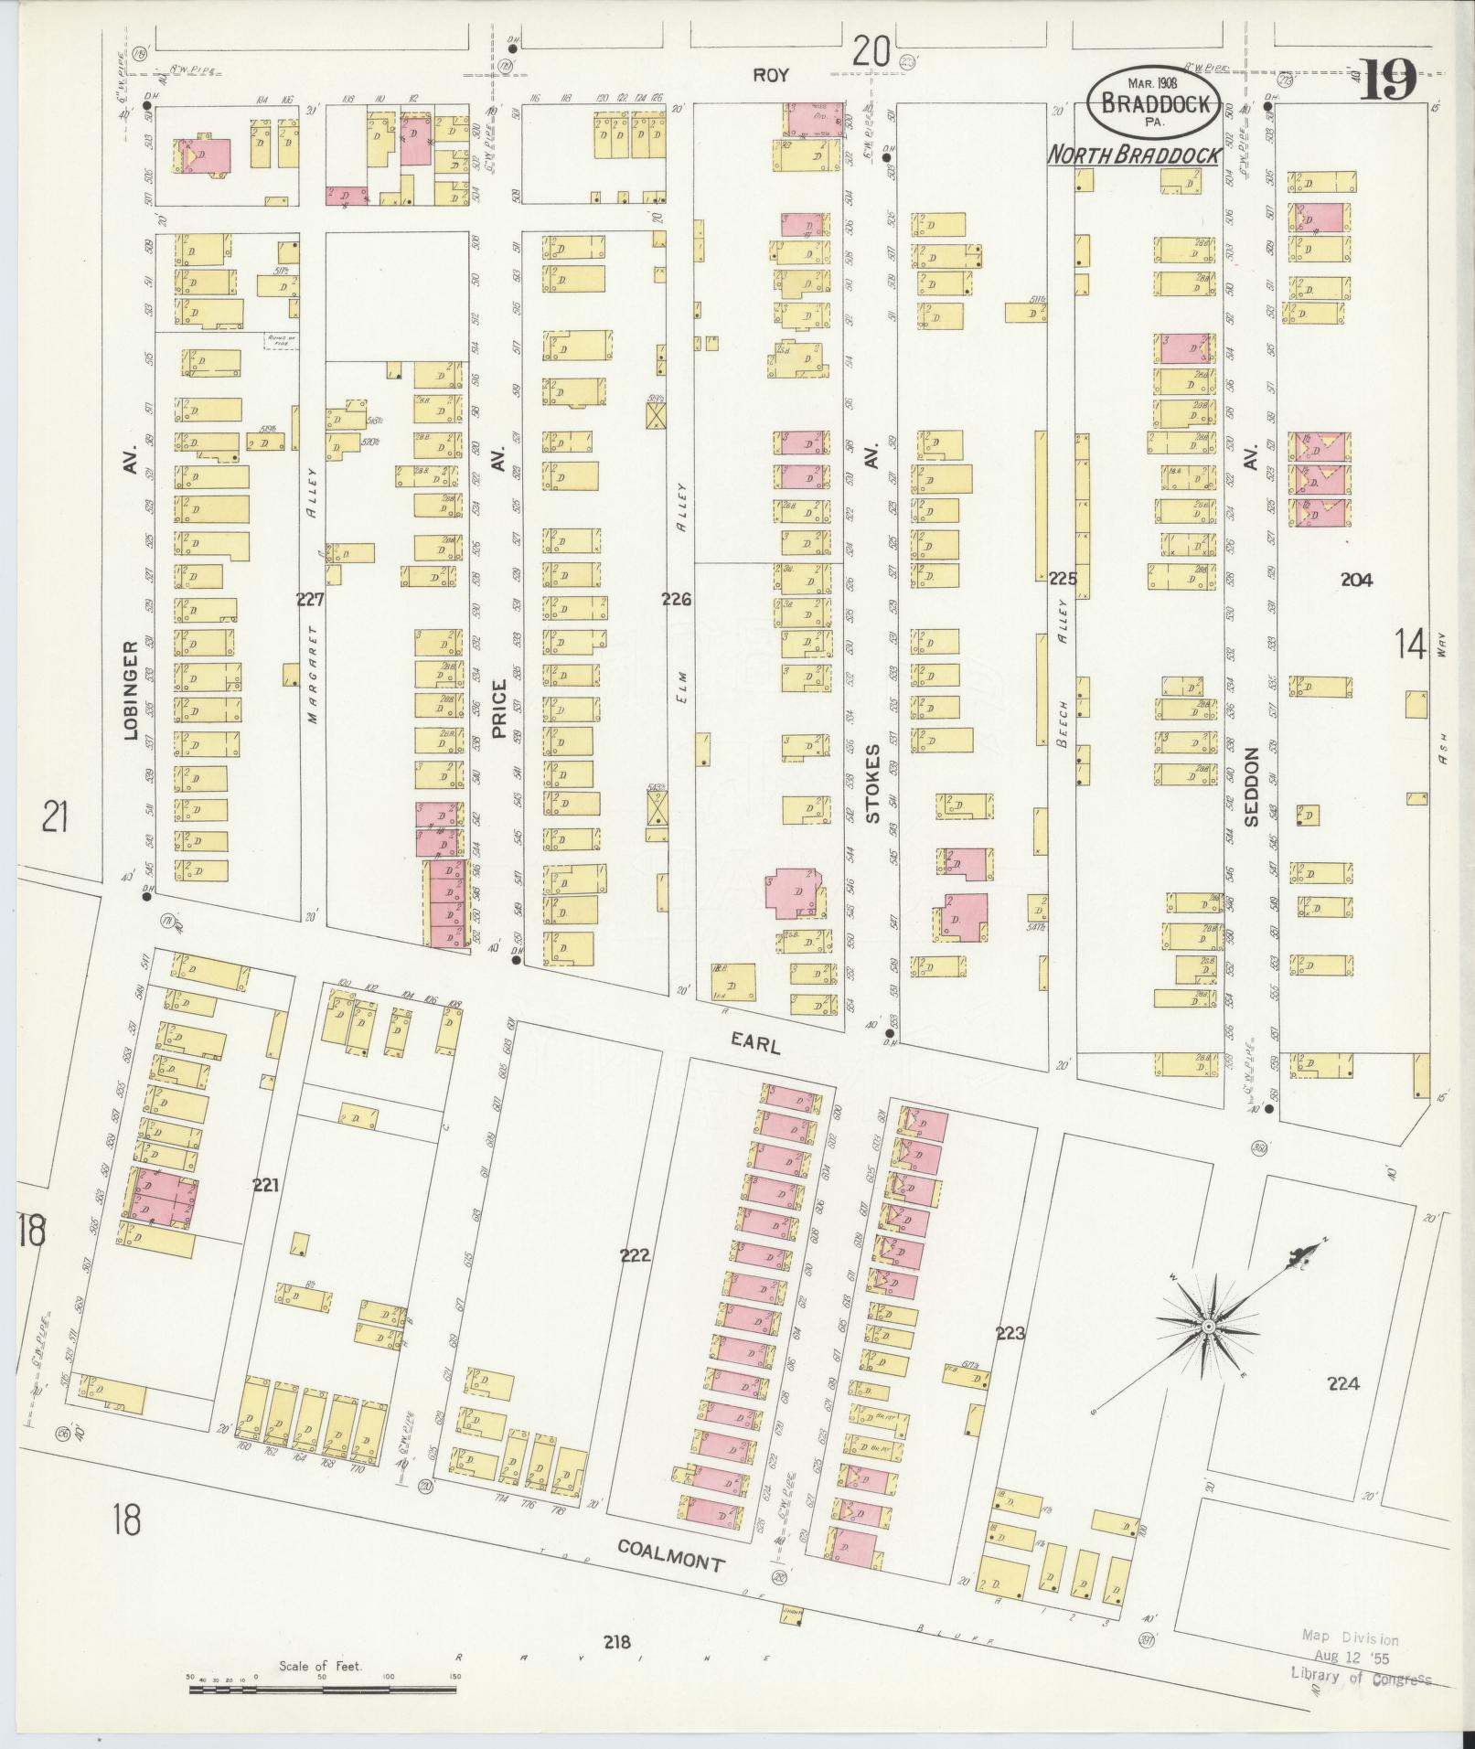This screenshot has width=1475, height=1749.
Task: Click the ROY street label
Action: coord(770,75)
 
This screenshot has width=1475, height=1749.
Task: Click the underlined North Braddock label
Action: coord(1134,156)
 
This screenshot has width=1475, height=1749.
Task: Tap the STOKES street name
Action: coord(872,783)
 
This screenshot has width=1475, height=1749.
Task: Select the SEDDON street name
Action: coord(1252,786)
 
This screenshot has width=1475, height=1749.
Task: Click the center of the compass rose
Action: coord(1208,1326)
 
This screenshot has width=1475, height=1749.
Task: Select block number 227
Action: coord(310,600)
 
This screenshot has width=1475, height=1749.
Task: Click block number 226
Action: coord(677,600)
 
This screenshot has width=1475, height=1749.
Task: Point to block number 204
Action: coord(1356,579)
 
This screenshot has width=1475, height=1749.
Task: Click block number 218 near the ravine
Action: coord(618,1642)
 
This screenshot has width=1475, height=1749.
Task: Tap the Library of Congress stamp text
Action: coord(1361,1678)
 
